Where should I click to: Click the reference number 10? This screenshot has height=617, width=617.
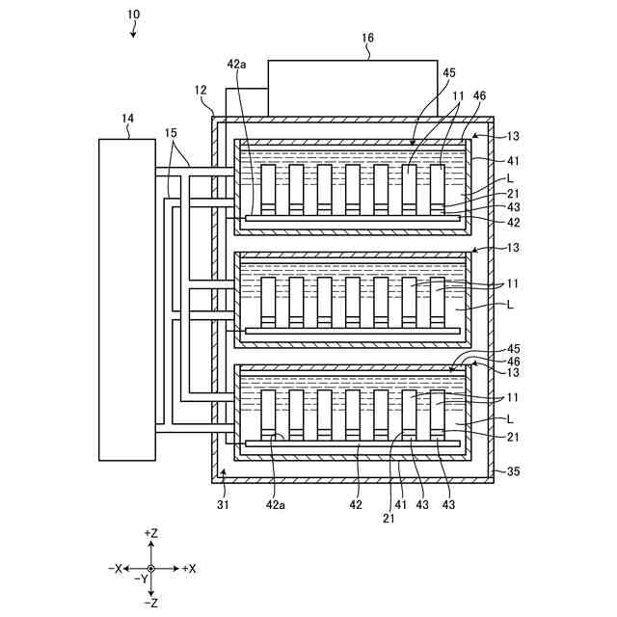(x=133, y=14)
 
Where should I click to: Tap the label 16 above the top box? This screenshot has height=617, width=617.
(x=367, y=39)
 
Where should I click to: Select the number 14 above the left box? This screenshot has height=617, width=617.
(x=127, y=119)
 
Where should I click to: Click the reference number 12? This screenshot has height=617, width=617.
(x=201, y=90)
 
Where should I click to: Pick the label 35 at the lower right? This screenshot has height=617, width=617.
(x=512, y=471)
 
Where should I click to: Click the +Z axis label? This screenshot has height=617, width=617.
(x=150, y=533)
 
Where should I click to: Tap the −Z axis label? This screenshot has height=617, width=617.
(x=150, y=603)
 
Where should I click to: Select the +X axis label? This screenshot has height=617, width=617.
(x=189, y=569)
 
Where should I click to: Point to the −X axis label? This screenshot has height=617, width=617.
(x=115, y=569)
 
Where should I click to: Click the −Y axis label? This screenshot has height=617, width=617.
(x=140, y=579)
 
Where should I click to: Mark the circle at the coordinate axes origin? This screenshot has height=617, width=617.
(x=150, y=569)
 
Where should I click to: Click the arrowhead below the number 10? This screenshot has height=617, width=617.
(x=135, y=33)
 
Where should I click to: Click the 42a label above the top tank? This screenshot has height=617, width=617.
(x=237, y=64)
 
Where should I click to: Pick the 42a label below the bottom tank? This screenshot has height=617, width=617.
(x=276, y=502)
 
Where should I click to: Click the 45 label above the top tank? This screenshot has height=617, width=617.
(x=448, y=72)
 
